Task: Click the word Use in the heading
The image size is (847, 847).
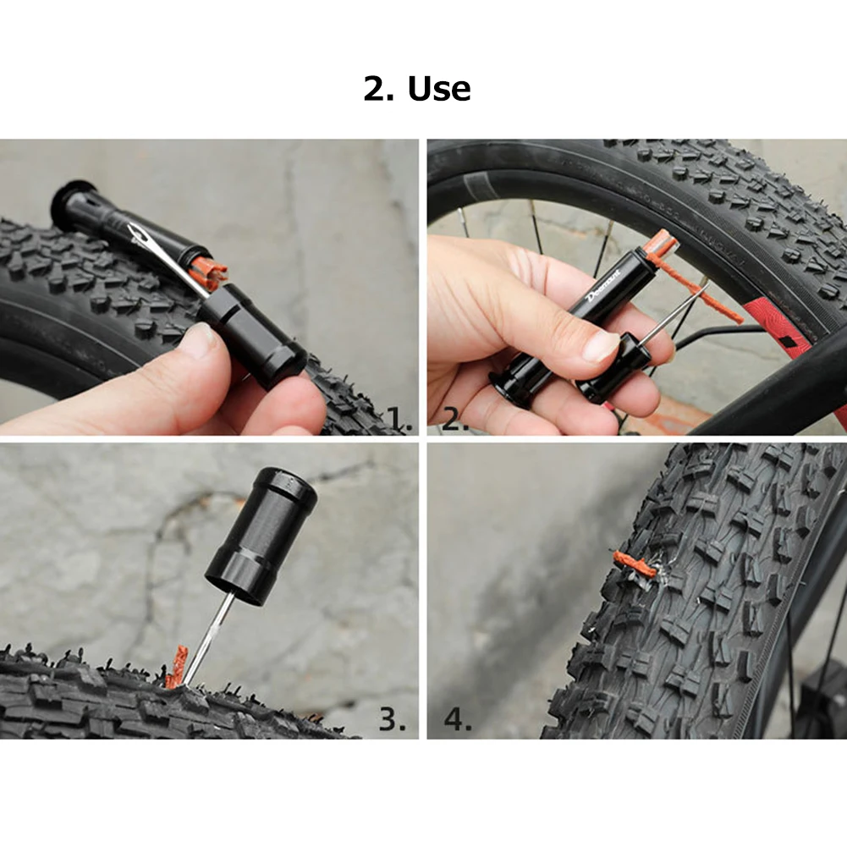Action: [x=439, y=89]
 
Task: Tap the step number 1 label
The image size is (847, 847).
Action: [x=400, y=419]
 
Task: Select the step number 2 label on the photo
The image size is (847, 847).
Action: [x=455, y=420]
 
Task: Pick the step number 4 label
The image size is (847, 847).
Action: [x=458, y=719]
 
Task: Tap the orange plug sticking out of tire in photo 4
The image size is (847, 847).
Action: [x=635, y=564]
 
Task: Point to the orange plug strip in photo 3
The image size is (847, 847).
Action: [x=177, y=668]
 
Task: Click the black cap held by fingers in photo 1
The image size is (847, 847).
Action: [x=251, y=335]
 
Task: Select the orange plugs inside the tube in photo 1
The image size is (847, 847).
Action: [x=209, y=268]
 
